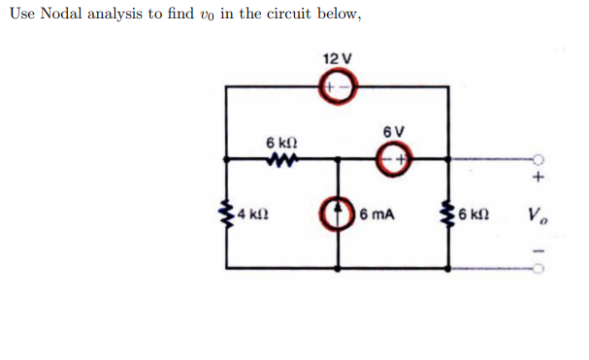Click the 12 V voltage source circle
[x=338, y=87]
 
